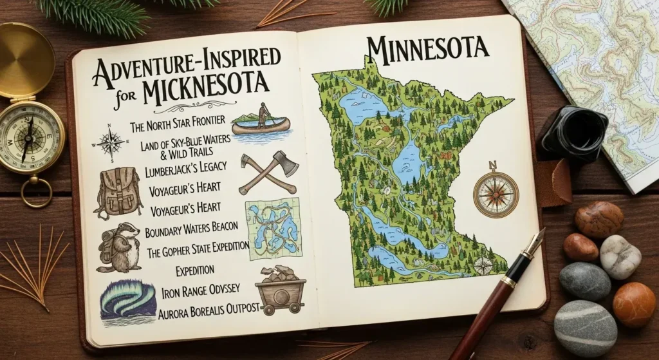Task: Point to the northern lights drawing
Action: pos(127,303)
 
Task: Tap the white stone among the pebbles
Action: pos(620,256)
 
